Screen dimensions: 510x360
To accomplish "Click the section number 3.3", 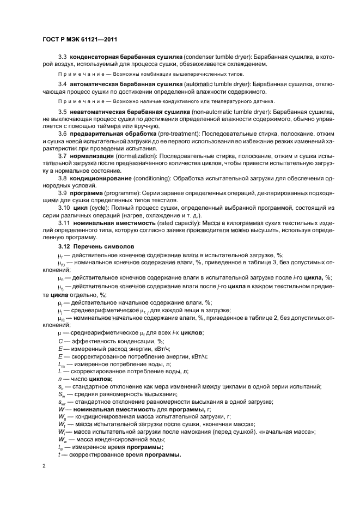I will [63, 57].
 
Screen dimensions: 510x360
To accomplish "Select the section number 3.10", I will [64, 208].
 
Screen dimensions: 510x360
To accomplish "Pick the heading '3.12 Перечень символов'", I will [94, 247].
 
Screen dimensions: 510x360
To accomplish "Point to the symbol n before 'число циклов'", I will [59, 379].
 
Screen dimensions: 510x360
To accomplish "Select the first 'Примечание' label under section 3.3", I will [77, 74].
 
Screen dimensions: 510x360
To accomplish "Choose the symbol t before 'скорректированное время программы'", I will [59, 455].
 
